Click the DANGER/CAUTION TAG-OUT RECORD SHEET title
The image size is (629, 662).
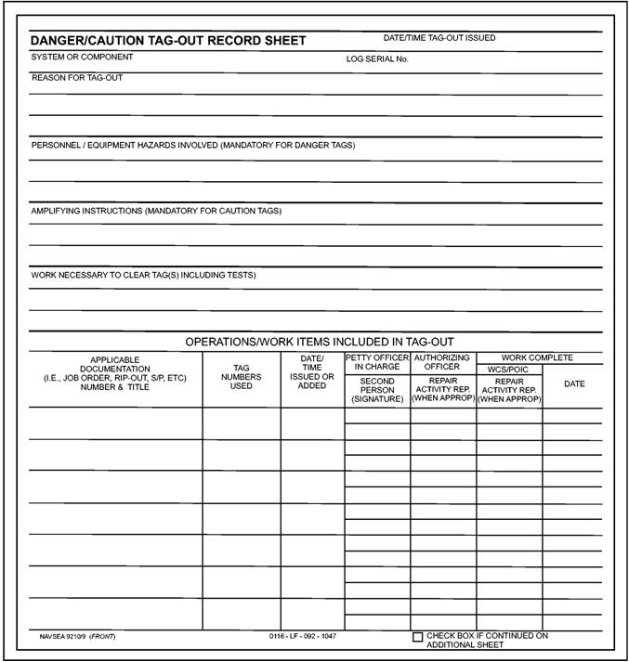168,42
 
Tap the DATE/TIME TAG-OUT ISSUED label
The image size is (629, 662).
439,38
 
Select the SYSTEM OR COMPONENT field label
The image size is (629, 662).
82,58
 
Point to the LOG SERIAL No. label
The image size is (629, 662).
377,59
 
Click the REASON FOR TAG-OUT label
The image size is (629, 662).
77,78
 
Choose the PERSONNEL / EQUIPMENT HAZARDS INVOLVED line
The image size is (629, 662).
193,145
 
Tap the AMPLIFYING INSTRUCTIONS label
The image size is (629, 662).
156,211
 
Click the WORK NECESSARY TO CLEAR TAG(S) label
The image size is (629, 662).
143,276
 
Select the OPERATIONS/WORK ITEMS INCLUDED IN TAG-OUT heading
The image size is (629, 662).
320,342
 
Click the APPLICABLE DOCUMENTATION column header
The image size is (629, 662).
115,373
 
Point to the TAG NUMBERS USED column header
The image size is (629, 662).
242,377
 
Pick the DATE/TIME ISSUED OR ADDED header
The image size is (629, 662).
312,371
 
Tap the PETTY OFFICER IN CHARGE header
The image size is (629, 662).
377,362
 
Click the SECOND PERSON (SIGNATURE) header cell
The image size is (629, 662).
377,390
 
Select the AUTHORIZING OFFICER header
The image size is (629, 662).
443,362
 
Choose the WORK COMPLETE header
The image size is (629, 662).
538,357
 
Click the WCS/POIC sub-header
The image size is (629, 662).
508,370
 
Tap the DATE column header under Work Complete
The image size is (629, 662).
574,384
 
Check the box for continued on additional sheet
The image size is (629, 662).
417,638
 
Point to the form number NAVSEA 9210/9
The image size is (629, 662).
64,638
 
